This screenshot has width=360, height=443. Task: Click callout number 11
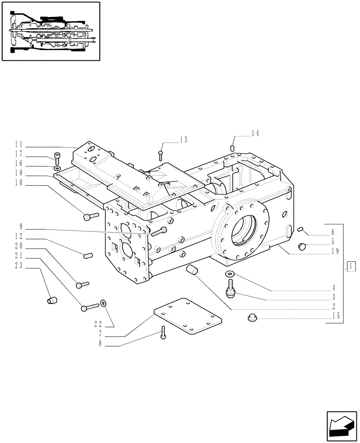click(x=18, y=144)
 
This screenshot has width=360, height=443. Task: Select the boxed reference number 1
click(x=350, y=266)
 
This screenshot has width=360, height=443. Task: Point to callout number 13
click(x=184, y=140)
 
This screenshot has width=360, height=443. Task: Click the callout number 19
click(x=335, y=251)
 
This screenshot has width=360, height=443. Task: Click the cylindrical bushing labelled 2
click(x=193, y=269)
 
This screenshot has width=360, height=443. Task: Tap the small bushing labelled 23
click(x=51, y=301)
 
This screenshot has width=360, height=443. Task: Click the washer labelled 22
click(x=103, y=303)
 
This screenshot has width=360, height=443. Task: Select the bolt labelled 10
click(x=90, y=216)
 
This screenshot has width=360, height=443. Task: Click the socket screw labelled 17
click(x=56, y=157)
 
